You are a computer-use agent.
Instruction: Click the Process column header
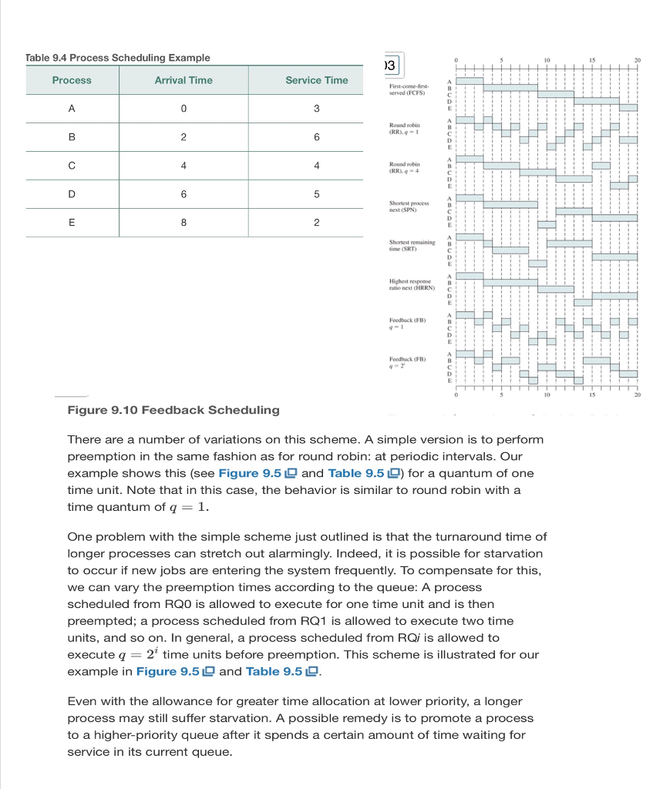tap(72, 80)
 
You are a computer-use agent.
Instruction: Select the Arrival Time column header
tap(183, 80)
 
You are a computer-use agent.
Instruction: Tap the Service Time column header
tap(316, 80)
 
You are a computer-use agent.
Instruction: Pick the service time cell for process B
tap(316, 137)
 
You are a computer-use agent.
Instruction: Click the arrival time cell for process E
tap(183, 223)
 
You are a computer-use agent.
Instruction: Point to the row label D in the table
tap(72, 194)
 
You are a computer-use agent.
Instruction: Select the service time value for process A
tap(316, 109)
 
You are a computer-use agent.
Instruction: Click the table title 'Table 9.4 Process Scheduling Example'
tap(118, 58)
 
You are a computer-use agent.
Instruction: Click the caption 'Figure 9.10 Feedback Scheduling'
tap(173, 410)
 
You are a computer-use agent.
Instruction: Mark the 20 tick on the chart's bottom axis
tap(637, 394)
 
